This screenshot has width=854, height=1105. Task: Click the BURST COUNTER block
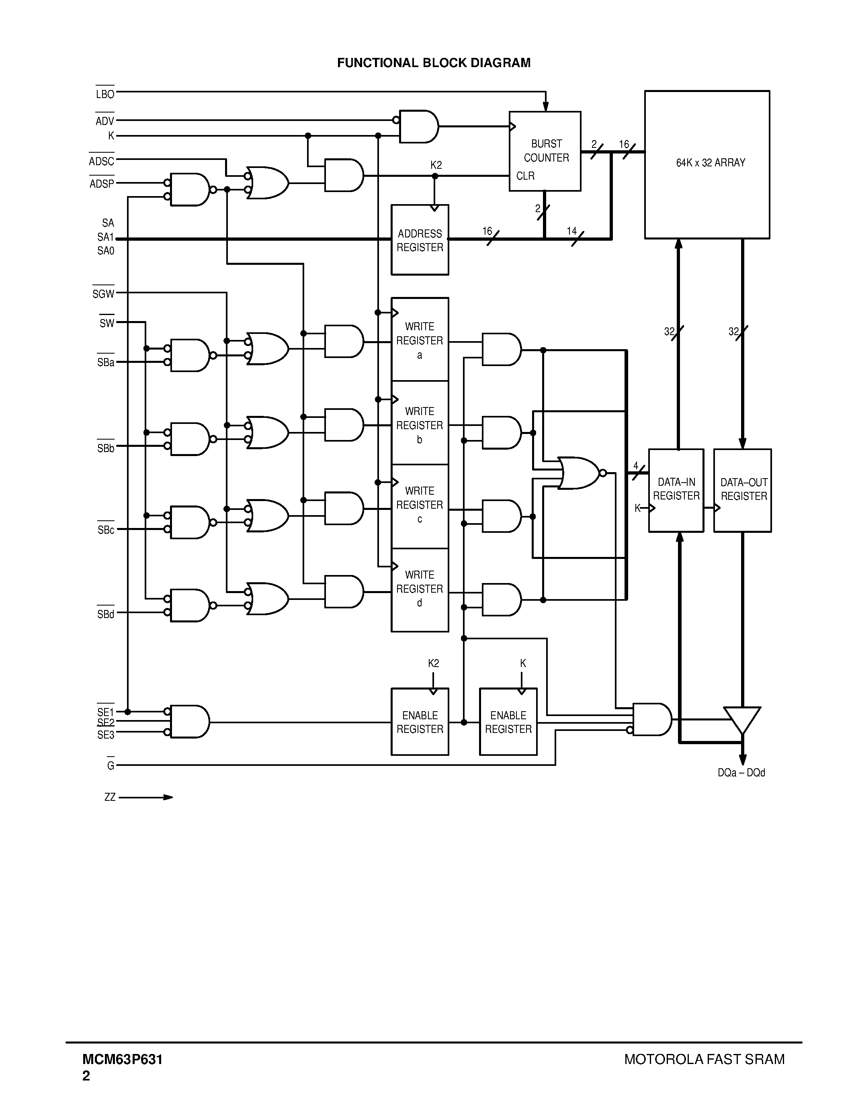545,151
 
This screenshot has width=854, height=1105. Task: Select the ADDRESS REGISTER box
420,240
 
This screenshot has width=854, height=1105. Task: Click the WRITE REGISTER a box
420,340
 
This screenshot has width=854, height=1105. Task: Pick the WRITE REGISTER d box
420,589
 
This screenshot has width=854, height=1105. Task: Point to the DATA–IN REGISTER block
676,490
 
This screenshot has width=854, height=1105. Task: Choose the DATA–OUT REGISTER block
742,490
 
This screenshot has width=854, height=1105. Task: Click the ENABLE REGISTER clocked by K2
420,722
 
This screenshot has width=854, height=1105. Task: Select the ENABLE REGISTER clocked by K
508,722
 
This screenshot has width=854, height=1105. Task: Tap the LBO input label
105,94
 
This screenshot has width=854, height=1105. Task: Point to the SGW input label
103,293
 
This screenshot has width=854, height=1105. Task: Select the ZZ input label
110,797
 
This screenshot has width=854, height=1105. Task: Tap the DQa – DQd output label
741,773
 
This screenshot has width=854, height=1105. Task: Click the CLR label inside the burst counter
525,176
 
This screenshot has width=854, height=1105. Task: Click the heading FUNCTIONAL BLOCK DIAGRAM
434,63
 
